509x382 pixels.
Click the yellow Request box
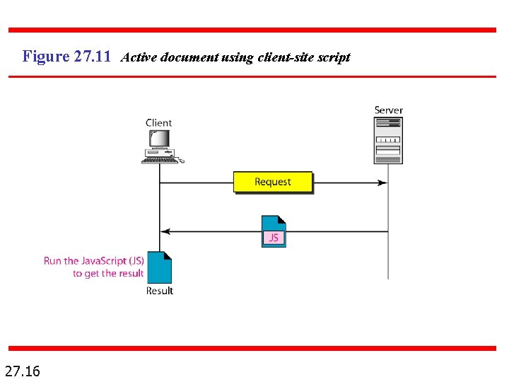pos(272,182)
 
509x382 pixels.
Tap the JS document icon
pos(274,231)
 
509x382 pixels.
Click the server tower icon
pos(388,140)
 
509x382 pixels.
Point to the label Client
pos(159,123)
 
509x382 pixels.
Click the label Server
pos(388,110)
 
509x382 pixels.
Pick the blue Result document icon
pos(160,267)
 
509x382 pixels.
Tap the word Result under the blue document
pos(160,291)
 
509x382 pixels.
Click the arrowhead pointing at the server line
pos(382,183)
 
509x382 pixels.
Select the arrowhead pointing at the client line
pos(165,231)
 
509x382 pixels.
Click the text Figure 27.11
pos(66,57)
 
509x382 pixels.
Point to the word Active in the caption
pos(139,57)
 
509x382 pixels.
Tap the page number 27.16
pos(23,370)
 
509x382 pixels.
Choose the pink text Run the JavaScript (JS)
pos(94,260)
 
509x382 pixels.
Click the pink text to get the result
pos(108,273)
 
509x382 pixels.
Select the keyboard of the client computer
pos(160,161)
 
